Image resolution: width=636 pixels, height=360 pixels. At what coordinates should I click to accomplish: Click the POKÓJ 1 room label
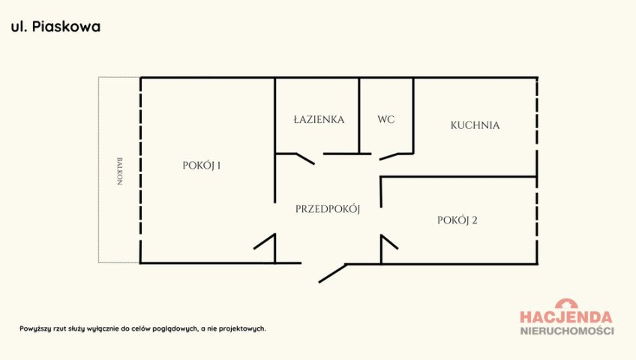pos(202,166)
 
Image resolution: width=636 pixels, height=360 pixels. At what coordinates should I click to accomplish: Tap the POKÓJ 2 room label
pos(457,220)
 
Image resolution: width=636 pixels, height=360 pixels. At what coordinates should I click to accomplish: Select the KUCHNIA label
pos(475,125)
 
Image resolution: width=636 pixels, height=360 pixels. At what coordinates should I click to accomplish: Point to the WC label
pos(385,119)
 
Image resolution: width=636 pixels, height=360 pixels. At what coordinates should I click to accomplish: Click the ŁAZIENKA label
pos(319,119)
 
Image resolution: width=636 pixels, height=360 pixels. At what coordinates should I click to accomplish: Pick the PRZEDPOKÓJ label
pos(328,209)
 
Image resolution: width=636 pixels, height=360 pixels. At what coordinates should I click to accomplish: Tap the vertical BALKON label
pos(119,171)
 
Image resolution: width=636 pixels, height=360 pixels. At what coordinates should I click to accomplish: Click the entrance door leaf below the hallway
pos(332,273)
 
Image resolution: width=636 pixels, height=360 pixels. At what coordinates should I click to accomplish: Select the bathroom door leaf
pos(305,159)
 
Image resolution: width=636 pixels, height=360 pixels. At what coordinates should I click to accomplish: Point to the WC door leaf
pos(389,157)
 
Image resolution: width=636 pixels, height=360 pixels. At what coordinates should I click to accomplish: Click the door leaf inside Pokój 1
pos(265,241)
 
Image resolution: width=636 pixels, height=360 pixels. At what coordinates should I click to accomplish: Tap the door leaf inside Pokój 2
pos(390,242)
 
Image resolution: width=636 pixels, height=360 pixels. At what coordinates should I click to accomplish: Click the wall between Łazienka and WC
pos(359,115)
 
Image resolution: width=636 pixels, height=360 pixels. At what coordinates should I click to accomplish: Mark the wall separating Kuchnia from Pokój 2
pos(459,177)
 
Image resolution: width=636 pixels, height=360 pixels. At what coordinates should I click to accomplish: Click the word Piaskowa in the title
pos(66,27)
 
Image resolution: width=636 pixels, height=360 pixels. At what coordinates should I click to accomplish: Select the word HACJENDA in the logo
pos(565,317)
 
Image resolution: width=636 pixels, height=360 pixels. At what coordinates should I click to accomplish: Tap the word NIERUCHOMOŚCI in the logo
pos(567,331)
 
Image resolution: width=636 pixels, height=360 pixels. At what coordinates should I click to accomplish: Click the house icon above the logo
pos(567,304)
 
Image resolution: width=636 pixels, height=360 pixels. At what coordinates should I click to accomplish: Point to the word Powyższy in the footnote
pos(35,328)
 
